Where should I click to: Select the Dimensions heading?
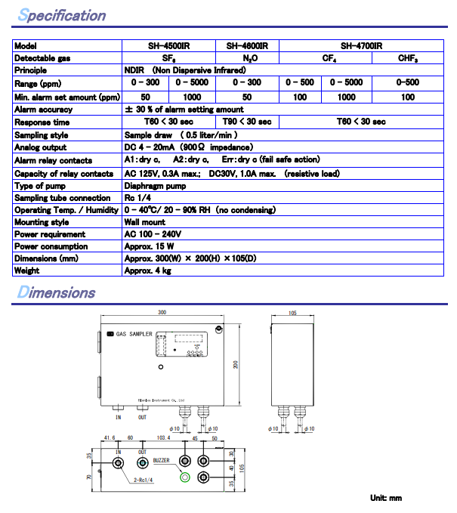[57, 292]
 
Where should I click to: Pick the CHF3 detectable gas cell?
[409, 58]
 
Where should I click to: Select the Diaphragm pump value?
[155, 185]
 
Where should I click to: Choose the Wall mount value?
[144, 223]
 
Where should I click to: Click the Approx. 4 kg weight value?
[148, 270]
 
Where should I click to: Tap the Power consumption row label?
[51, 246]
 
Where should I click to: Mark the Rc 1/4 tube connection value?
[138, 198]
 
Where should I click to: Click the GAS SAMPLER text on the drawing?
[134, 333]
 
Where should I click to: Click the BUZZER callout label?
[162, 459]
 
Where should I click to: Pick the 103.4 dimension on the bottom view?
[163, 438]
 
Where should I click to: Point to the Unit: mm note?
[386, 498]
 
